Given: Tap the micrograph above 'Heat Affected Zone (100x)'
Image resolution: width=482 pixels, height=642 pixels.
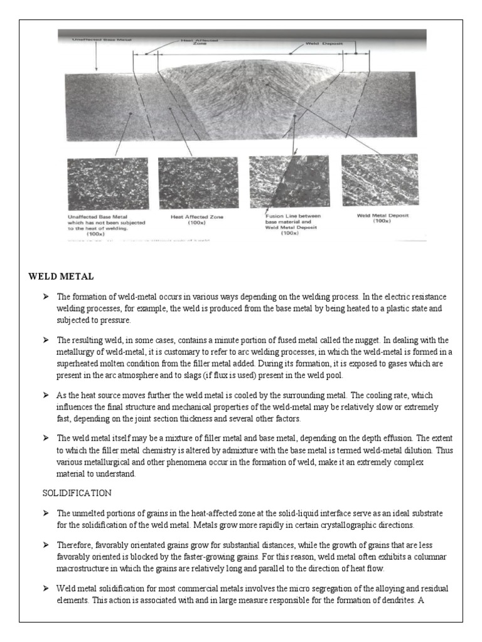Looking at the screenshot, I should [x=198, y=183].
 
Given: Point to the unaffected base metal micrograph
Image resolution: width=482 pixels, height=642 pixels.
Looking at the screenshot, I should [x=107, y=183].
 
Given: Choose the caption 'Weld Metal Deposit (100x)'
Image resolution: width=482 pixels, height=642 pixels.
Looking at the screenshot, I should [x=382, y=218].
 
